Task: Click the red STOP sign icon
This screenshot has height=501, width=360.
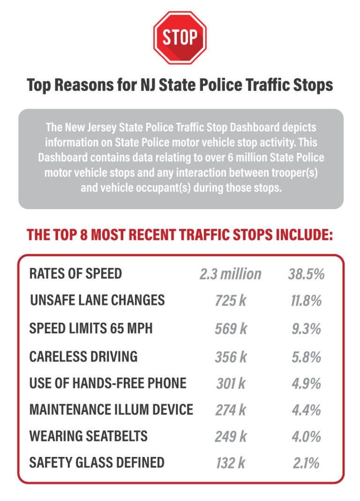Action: click(180, 38)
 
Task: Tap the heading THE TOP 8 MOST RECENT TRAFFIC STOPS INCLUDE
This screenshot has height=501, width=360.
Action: click(180, 234)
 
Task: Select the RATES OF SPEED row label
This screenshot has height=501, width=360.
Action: click(75, 274)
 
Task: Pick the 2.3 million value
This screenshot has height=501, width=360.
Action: click(230, 274)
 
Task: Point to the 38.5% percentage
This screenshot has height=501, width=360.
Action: click(306, 274)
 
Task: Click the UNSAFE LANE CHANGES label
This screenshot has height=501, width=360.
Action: click(97, 300)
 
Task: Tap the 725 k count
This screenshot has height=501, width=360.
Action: click(230, 301)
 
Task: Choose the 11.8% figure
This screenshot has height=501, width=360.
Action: click(306, 301)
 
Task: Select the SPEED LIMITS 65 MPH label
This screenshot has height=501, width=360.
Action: click(91, 329)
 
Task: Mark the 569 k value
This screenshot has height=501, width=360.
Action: click(230, 329)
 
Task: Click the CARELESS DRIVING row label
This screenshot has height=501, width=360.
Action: click(83, 357)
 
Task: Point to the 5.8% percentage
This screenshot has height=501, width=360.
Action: click(306, 357)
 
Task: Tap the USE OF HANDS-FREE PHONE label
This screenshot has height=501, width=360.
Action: click(108, 383)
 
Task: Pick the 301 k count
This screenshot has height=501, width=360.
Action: click(230, 384)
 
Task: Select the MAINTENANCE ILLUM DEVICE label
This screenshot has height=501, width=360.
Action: click(111, 410)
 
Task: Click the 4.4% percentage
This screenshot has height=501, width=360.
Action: click(306, 410)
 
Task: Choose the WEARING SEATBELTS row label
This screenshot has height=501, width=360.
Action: click(88, 436)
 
